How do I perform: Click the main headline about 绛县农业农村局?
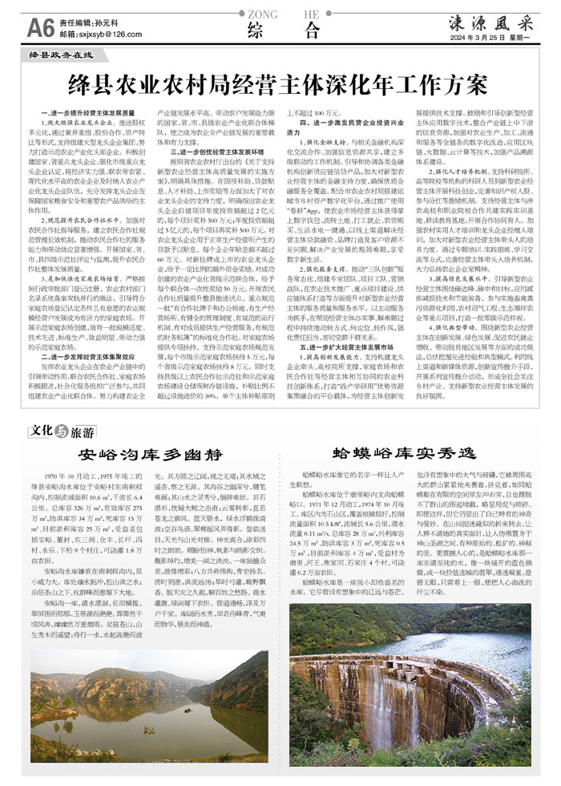tap(280, 83)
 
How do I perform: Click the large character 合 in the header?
tap(313, 31)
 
